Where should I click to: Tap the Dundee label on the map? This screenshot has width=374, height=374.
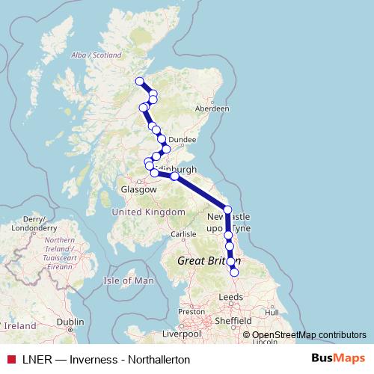point(183,139)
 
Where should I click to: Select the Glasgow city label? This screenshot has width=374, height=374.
point(138,190)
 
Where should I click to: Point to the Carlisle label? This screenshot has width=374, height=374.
point(183,234)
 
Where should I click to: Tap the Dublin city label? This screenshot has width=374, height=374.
point(69,321)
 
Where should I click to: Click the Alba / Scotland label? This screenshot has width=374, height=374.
point(95,55)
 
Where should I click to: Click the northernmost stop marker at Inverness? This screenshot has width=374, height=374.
point(139,82)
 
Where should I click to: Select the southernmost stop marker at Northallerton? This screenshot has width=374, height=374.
point(235,273)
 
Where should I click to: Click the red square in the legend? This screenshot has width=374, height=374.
point(11,360)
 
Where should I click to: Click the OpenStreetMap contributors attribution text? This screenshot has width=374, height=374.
point(308,335)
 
